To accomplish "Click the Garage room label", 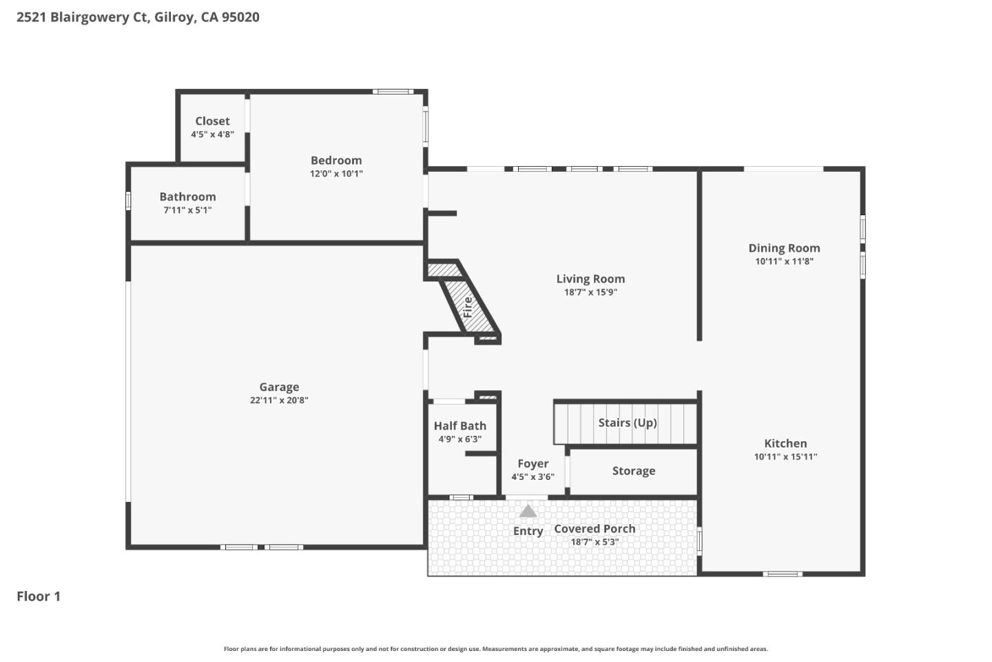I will tap(279, 387).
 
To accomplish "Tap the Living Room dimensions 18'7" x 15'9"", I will tap(590, 292).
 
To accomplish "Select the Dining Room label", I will tap(784, 248).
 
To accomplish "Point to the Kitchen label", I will tap(785, 443).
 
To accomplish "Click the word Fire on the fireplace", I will tap(468, 307).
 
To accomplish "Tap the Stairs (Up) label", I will tap(627, 423).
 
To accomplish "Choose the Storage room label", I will tap(633, 471).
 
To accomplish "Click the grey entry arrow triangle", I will tap(528, 511).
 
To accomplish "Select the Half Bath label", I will tap(459, 425).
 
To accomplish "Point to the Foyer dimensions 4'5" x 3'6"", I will tap(533, 477).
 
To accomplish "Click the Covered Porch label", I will tap(595, 529).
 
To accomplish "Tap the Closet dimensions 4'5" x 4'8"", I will tap(212, 134).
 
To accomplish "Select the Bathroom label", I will tap(187, 197).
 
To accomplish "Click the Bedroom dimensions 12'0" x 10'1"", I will tap(336, 174).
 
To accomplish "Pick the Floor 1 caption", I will tap(39, 596).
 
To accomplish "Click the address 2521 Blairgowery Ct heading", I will tap(82, 17).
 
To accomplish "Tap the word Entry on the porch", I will tap(528, 531).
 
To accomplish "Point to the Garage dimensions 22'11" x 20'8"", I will tap(279, 401).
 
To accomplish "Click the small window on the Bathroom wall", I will tap(128, 201).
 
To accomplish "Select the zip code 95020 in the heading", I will tap(240, 17).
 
